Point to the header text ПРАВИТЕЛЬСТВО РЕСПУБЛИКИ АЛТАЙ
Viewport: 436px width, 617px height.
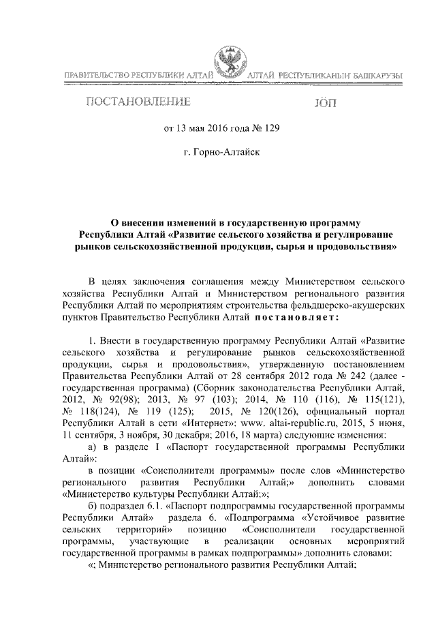[138, 74]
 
